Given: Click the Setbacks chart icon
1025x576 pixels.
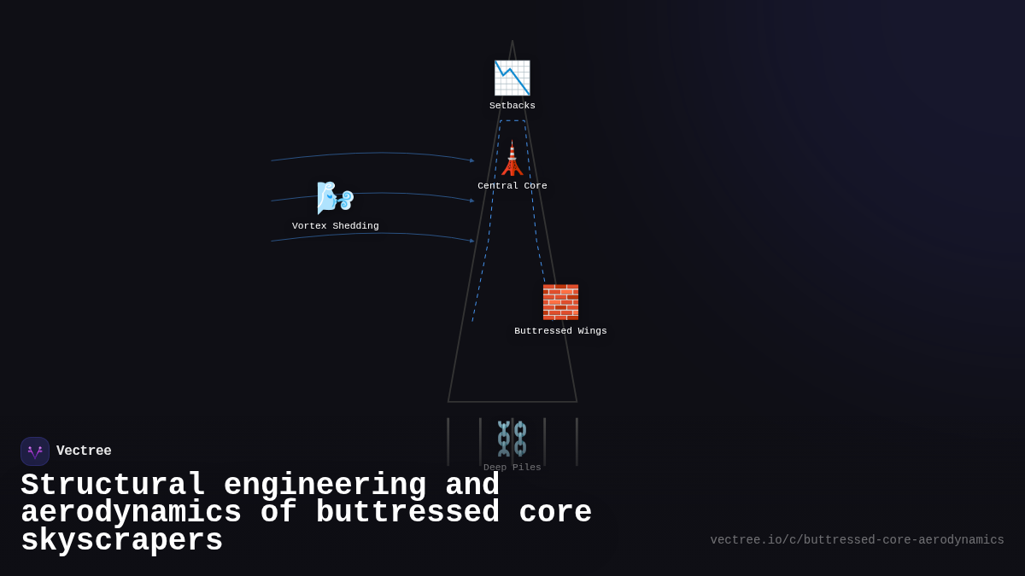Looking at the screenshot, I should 512,78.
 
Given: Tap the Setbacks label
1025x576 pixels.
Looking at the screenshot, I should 512,106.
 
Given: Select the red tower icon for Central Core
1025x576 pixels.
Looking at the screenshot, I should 512,158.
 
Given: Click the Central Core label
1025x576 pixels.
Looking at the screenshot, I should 512,186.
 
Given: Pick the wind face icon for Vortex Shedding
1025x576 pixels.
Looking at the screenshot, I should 335,197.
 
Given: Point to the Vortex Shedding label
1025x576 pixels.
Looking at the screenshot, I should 335,226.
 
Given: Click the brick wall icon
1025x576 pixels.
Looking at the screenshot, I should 560,302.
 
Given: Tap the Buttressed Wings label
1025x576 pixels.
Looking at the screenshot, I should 560,331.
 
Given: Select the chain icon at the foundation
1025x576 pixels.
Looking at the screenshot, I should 512,439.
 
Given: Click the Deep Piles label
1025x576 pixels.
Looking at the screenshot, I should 512,468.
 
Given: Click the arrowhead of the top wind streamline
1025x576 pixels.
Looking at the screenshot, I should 472,160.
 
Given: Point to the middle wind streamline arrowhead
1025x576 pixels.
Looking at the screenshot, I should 472,201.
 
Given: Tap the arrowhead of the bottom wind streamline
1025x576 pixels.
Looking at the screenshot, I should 472,241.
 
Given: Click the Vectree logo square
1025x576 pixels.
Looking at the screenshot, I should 35,451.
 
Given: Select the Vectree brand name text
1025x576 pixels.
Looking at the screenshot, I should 84,451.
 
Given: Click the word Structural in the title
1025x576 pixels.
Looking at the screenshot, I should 113,486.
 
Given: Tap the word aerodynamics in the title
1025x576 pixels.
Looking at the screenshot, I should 131,513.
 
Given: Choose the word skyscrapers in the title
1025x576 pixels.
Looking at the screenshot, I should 121,541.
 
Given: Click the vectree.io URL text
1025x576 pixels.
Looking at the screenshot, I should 857,540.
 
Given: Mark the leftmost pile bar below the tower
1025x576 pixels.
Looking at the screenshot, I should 448,441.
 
